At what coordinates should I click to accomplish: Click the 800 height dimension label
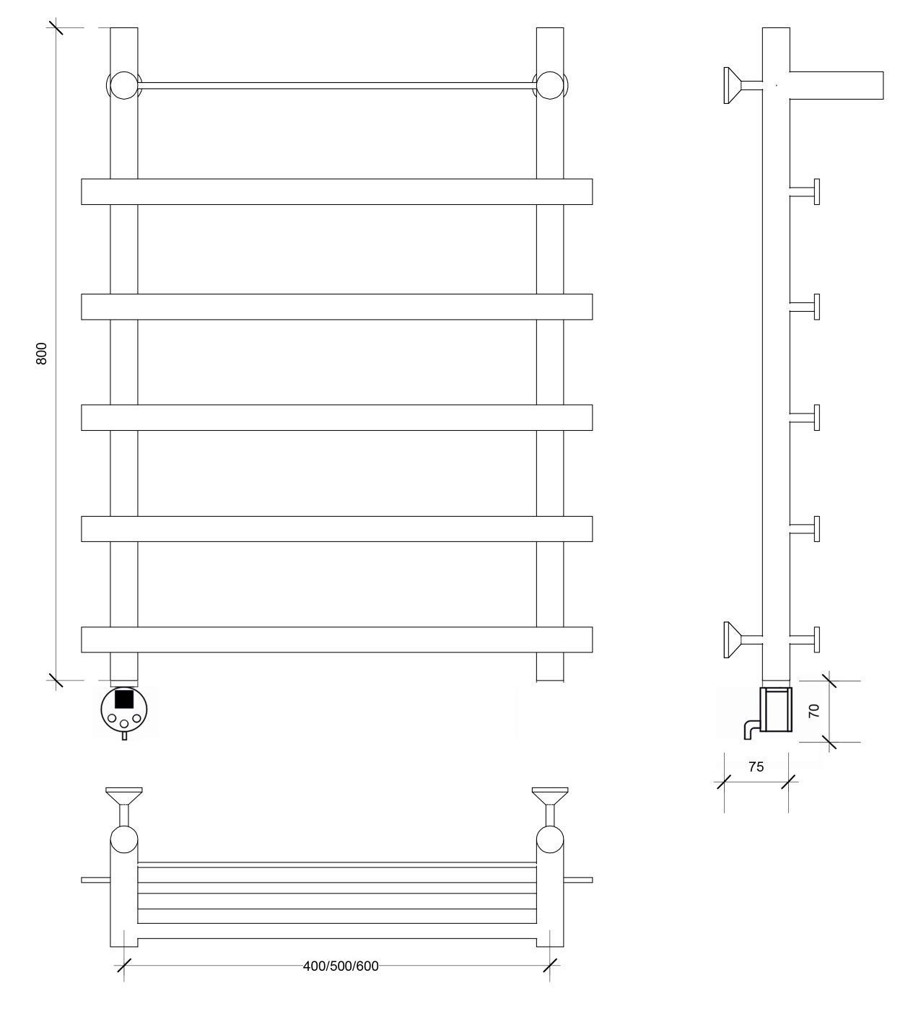click(42, 353)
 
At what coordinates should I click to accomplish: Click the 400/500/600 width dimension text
click(341, 966)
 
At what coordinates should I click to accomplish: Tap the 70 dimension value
click(814, 710)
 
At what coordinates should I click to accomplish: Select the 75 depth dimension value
click(756, 780)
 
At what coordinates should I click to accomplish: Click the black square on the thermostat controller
click(123, 699)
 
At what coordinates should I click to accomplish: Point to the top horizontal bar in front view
click(336, 191)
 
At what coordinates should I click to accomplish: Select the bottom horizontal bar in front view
click(336, 639)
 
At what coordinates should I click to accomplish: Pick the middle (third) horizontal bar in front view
click(336, 417)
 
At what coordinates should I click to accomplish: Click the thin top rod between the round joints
click(337, 86)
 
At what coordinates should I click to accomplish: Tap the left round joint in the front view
click(124, 86)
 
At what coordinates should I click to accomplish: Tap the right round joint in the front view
click(550, 86)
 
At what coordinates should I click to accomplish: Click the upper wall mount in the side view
click(742, 86)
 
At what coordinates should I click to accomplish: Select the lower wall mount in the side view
click(742, 639)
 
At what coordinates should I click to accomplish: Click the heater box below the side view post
click(776, 709)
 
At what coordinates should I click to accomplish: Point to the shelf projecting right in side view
click(837, 85)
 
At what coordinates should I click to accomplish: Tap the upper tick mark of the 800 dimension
click(56, 27)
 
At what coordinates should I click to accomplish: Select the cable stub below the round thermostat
click(124, 735)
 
